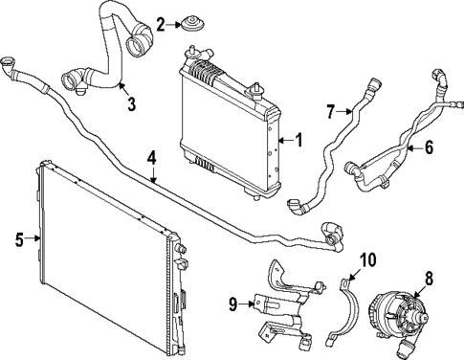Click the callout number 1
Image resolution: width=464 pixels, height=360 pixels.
[298, 141]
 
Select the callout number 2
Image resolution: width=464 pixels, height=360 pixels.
[160, 23]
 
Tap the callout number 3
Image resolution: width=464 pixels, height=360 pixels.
[131, 102]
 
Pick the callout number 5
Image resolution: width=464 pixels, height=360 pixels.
[19, 239]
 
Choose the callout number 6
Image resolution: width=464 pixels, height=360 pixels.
[428, 147]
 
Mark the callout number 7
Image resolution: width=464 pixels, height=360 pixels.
[330, 113]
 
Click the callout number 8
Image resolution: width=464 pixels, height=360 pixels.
[428, 279]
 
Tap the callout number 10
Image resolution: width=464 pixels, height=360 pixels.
[368, 259]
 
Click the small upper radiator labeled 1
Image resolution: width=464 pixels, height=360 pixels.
[228, 124]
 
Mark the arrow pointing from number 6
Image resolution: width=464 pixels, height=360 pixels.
[413, 148]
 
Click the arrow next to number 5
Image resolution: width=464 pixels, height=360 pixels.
[33, 239]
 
